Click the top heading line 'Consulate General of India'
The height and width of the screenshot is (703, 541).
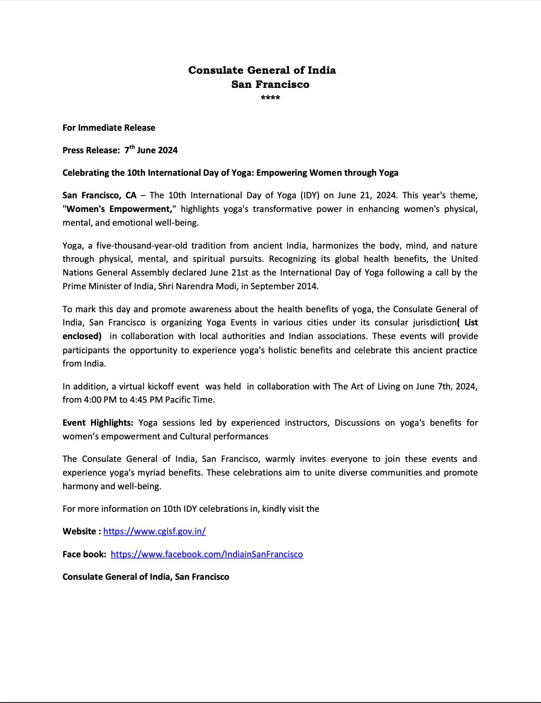click(262, 70)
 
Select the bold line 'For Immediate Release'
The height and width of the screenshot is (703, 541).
click(109, 128)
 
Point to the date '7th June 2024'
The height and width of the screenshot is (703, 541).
click(151, 150)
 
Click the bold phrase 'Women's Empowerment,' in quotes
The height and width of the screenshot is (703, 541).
click(119, 209)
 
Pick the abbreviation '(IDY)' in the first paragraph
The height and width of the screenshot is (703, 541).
click(311, 195)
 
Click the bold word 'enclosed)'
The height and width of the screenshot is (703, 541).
click(82, 336)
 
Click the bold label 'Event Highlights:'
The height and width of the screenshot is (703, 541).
click(98, 423)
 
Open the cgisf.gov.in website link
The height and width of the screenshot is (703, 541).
click(155, 531)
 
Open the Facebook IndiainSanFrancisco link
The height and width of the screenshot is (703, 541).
click(207, 554)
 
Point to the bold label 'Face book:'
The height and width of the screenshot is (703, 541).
click(84, 554)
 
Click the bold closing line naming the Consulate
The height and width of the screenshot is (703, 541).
click(146, 577)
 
